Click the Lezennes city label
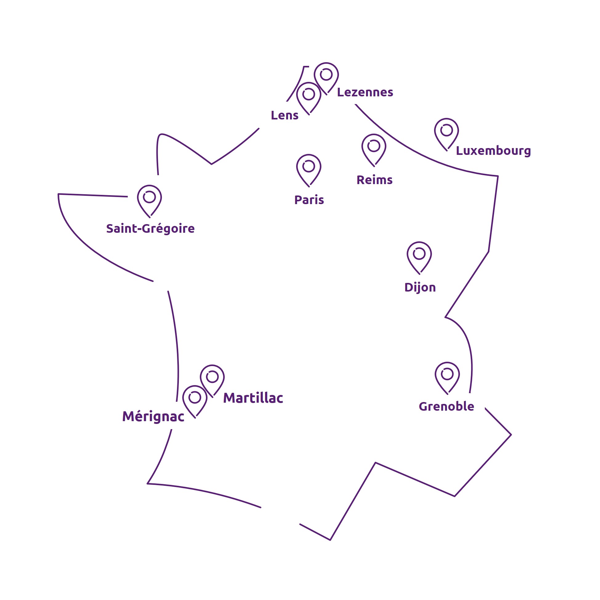click(x=365, y=92)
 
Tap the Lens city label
click(x=284, y=115)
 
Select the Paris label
click(x=309, y=200)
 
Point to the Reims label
click(x=375, y=180)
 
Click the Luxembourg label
click(x=493, y=151)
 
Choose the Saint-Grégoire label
click(x=150, y=228)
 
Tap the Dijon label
click(x=420, y=287)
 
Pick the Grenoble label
click(x=446, y=406)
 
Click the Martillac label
click(x=253, y=398)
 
